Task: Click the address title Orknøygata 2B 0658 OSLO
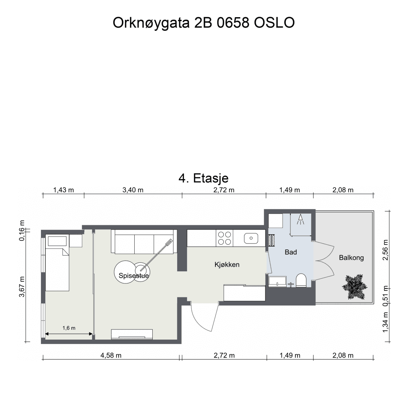click(x=203, y=23)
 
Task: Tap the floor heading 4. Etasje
click(x=203, y=178)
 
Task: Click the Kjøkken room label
click(x=227, y=265)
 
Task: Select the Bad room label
click(x=290, y=252)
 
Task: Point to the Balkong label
click(x=351, y=258)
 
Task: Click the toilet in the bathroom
click(x=301, y=280)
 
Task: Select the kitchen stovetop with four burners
click(x=224, y=238)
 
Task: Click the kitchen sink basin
click(x=251, y=237)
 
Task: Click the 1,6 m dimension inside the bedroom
click(x=69, y=328)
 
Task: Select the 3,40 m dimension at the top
click(x=133, y=190)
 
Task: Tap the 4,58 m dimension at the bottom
click(x=111, y=355)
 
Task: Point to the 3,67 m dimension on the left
click(x=23, y=287)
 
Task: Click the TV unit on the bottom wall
click(x=132, y=334)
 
